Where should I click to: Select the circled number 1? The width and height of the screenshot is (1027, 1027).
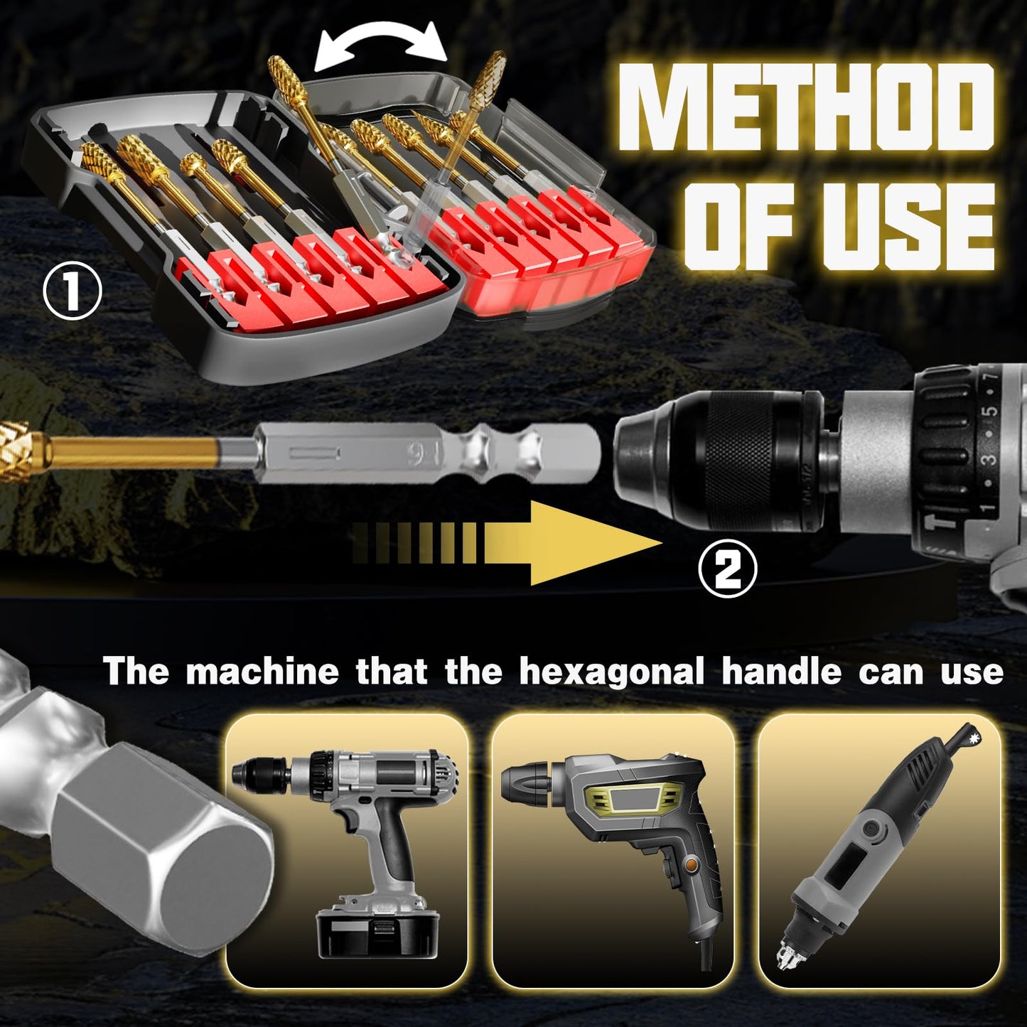72,291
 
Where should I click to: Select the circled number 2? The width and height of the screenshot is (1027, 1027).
728,569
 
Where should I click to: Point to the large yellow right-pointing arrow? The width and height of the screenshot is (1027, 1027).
569,543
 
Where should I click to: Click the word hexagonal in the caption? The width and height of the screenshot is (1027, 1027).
611,672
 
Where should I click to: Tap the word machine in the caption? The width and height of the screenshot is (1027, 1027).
262,672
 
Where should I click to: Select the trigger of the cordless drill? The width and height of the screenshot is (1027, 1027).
350,825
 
